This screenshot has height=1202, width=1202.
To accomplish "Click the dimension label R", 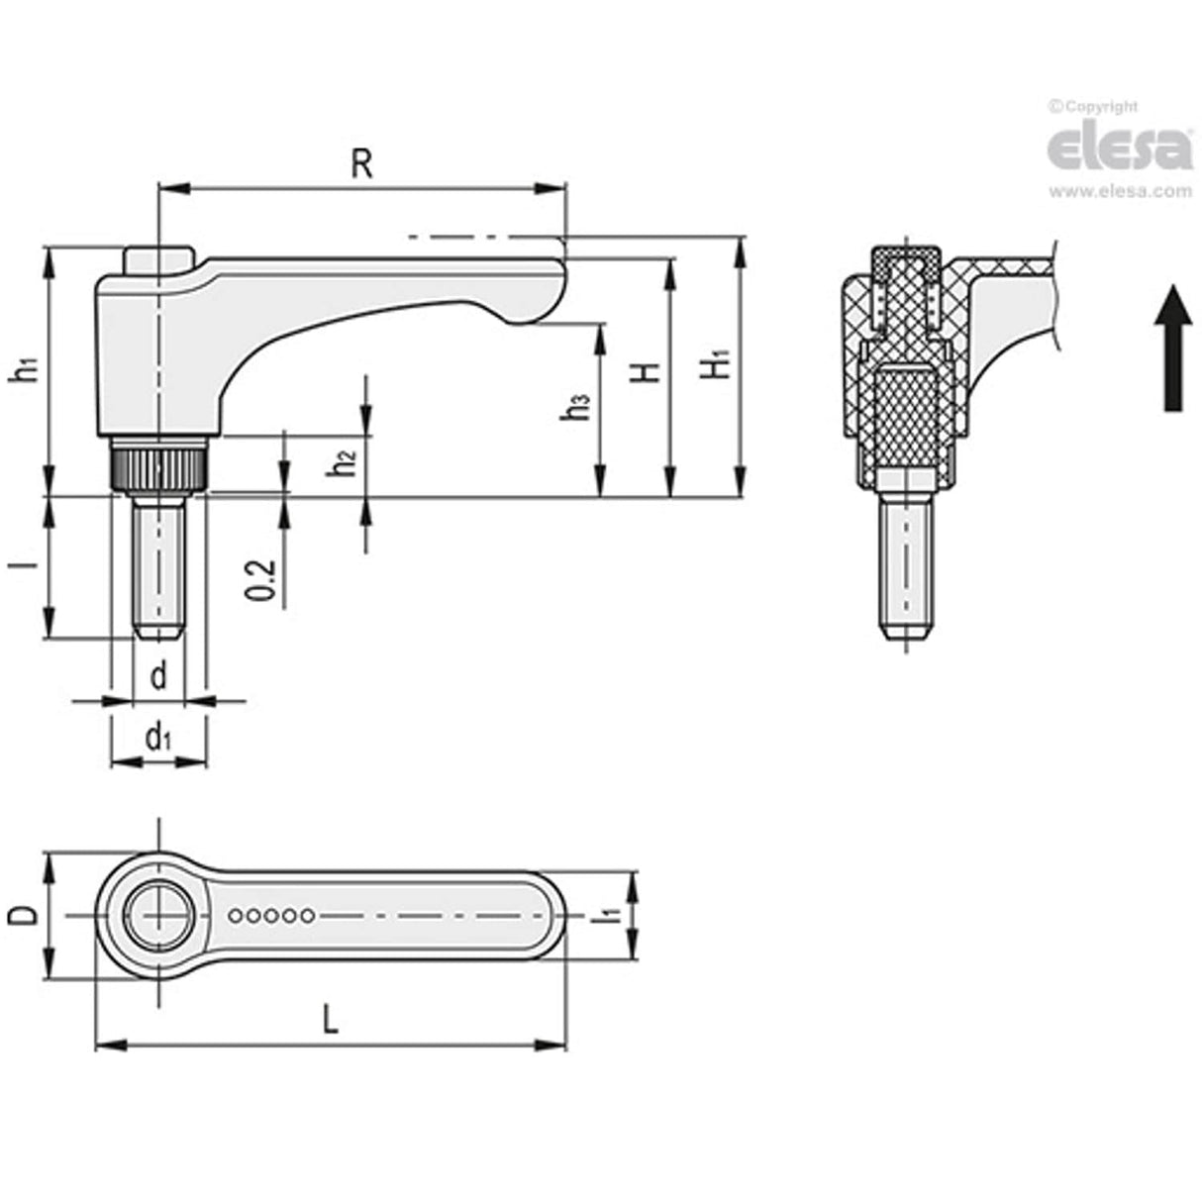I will pos(361,164).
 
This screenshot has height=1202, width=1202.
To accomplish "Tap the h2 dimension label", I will pos(343,461).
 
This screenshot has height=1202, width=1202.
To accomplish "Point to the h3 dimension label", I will pos(577,407).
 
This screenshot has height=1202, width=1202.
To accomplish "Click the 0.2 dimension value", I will pos(259,579).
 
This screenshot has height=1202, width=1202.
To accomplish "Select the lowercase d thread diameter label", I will pos(157,677).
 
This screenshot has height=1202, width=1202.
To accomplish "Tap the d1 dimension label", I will pos(158,738).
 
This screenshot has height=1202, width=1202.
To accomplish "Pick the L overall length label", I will pos(330,1019).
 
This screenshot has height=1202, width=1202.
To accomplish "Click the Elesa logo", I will pos(1120,149).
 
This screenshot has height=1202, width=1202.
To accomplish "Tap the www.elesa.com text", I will pos(1120,192).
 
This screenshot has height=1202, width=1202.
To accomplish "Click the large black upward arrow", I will pos(1172,348).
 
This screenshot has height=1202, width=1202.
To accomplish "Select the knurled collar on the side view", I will pos(157,466).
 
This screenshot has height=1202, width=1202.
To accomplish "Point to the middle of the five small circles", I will pos(271,916).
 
